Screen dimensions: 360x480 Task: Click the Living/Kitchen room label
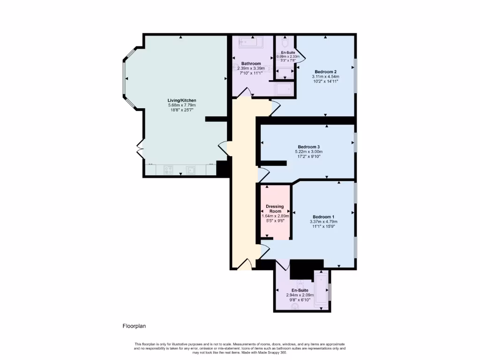point(182,100)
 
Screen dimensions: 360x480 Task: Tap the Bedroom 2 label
point(325,72)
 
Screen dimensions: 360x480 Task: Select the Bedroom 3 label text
point(308,147)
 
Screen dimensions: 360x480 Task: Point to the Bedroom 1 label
point(323,217)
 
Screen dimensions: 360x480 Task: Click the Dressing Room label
point(275,209)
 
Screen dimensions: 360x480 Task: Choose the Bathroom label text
point(251,63)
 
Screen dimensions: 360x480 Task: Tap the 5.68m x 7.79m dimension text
point(182,105)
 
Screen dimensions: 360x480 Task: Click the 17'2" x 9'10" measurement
point(308,157)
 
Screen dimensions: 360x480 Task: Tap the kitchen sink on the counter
point(191,170)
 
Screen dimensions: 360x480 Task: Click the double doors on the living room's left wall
point(140,150)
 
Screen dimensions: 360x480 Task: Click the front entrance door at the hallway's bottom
point(245,265)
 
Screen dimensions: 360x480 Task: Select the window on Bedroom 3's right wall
point(355,142)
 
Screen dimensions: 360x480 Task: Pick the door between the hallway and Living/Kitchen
point(223,149)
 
